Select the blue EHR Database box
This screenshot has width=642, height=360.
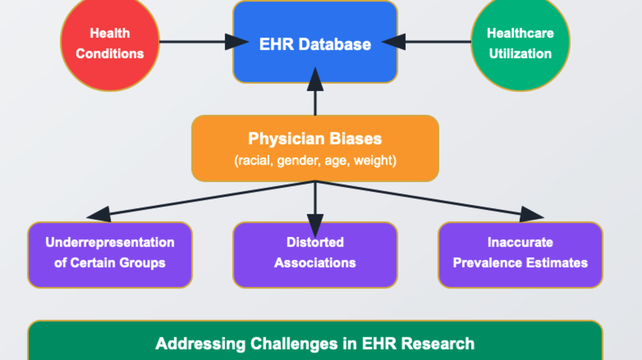click(x=315, y=42)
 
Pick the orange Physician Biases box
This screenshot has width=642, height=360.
click(x=315, y=148)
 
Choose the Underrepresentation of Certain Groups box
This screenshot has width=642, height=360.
click(x=110, y=255)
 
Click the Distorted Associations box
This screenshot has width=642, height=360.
click(x=315, y=255)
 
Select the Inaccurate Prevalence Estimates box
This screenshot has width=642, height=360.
click(x=520, y=255)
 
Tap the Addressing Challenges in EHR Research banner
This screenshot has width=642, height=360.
click(x=315, y=340)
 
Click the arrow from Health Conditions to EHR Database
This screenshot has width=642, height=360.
click(x=204, y=42)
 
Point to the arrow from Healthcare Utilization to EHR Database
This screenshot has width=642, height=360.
click(x=426, y=42)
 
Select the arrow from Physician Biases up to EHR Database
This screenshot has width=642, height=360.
click(x=315, y=91)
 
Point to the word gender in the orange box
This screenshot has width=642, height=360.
click(x=299, y=161)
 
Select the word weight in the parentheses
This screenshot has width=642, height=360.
click(x=373, y=161)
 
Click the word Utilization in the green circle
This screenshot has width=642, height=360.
click(x=520, y=54)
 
